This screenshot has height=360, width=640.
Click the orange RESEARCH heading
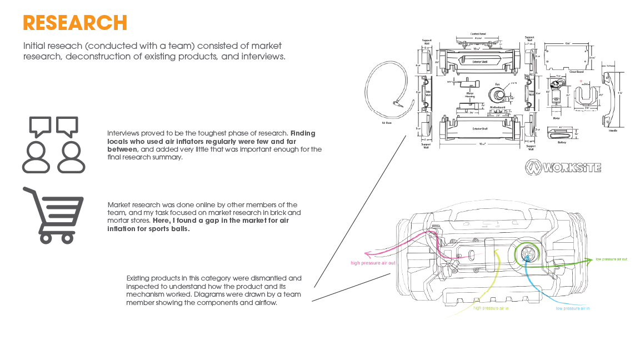point(75,23)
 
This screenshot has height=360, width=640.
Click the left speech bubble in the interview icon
point(40,126)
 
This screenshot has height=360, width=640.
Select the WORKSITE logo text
point(564,167)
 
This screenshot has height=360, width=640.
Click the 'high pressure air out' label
point(373,263)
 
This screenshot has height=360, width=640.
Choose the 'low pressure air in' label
point(573,308)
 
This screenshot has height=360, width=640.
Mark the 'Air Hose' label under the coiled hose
point(387,123)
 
